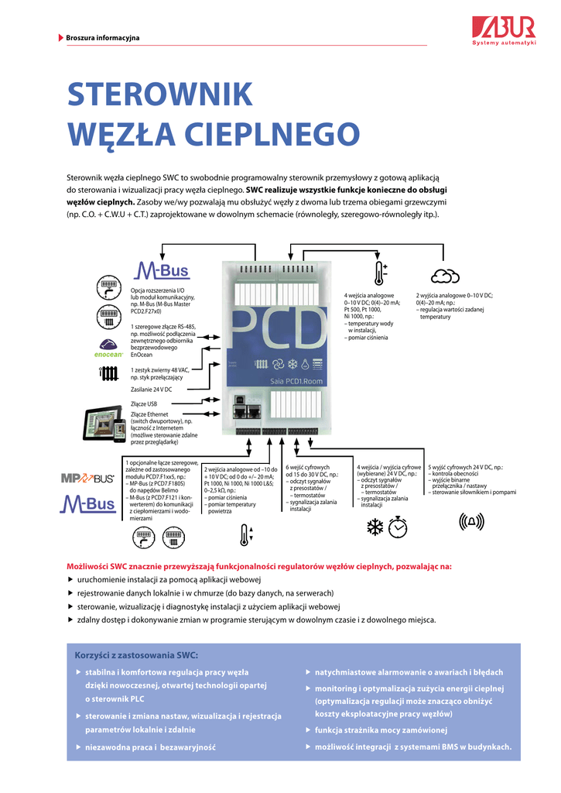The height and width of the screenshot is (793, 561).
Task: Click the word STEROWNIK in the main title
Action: click(x=160, y=94)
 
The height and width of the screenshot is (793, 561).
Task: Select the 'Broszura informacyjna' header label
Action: click(x=102, y=37)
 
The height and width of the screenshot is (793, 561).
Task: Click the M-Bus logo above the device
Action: click(x=162, y=270)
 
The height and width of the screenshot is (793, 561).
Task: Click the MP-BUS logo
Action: click(x=88, y=478)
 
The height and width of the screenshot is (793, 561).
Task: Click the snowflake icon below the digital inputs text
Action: click(x=375, y=527)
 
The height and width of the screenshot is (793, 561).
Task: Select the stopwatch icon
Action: click(x=398, y=527)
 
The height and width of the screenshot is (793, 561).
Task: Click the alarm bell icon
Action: click(x=470, y=523)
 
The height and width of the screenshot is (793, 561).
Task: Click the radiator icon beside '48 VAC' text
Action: click(x=108, y=375)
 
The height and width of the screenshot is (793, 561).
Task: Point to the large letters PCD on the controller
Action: click(x=279, y=329)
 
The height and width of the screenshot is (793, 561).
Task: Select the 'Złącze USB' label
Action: click(x=145, y=403)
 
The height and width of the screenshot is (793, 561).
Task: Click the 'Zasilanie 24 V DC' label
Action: click(x=152, y=389)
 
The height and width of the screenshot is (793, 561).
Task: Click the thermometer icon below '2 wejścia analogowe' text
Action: click(x=245, y=534)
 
